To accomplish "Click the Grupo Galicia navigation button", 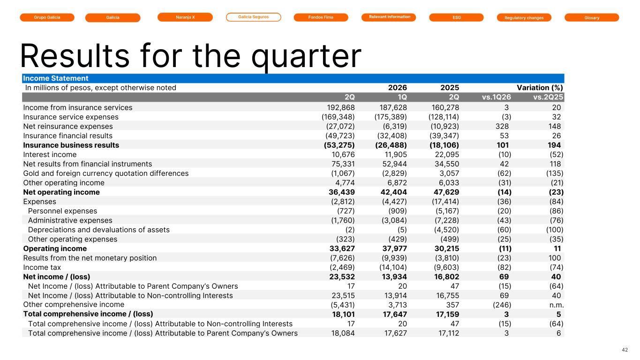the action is tap(47, 17).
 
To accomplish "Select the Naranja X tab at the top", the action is tap(185, 17).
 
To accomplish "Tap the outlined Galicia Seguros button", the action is tap(254, 17).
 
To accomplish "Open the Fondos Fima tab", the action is tap(321, 17).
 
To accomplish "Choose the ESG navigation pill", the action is tap(456, 17).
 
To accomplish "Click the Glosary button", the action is tap(592, 17).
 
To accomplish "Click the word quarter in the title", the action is tap(306, 56).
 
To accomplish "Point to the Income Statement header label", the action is tap(56, 78).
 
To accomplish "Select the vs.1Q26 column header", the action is tap(496, 97).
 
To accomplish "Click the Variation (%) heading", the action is tap(540, 88).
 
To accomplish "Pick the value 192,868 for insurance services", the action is tap(341, 107).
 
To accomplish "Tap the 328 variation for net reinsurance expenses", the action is tap(502, 126).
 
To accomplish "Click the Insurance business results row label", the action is tap(71, 145).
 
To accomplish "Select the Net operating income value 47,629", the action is tap(446, 192).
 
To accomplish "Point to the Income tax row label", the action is tap(42, 268).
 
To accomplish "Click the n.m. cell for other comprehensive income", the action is tap(557, 305).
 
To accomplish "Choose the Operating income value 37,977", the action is tap(395, 248).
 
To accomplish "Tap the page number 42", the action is tap(625, 350).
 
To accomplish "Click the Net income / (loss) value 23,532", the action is tap(342, 277).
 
